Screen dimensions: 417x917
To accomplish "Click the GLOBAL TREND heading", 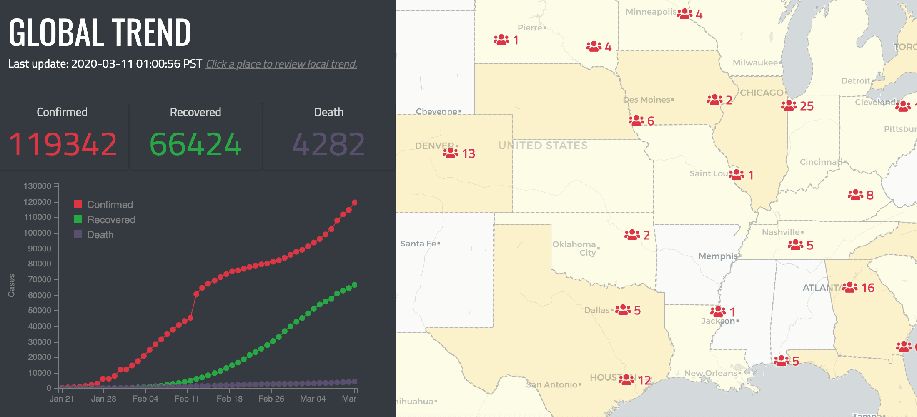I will coord(100,33).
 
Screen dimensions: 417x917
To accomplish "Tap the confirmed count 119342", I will coord(63,144).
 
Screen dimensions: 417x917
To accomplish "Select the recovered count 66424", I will coord(195,144).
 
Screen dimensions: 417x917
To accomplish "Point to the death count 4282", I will coord(329,144).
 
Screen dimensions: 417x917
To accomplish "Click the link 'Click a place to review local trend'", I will coord(281,64).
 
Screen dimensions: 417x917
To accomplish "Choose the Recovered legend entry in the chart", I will coord(110,220).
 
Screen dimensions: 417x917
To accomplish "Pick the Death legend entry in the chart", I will coord(100,235).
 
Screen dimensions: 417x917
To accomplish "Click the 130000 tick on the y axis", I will coord(38,186).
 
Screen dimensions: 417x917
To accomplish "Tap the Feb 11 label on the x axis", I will coord(187,399).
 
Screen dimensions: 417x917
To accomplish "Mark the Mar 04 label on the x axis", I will coord(313,399).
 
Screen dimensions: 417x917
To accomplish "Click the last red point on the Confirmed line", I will coord(355,203).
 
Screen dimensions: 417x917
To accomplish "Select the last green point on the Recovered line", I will coord(355,285).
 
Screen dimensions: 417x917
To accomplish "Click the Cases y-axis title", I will coord(11,286).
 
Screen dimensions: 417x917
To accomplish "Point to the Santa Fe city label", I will coord(418,244).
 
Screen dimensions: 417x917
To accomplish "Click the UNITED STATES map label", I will coord(543,146).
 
